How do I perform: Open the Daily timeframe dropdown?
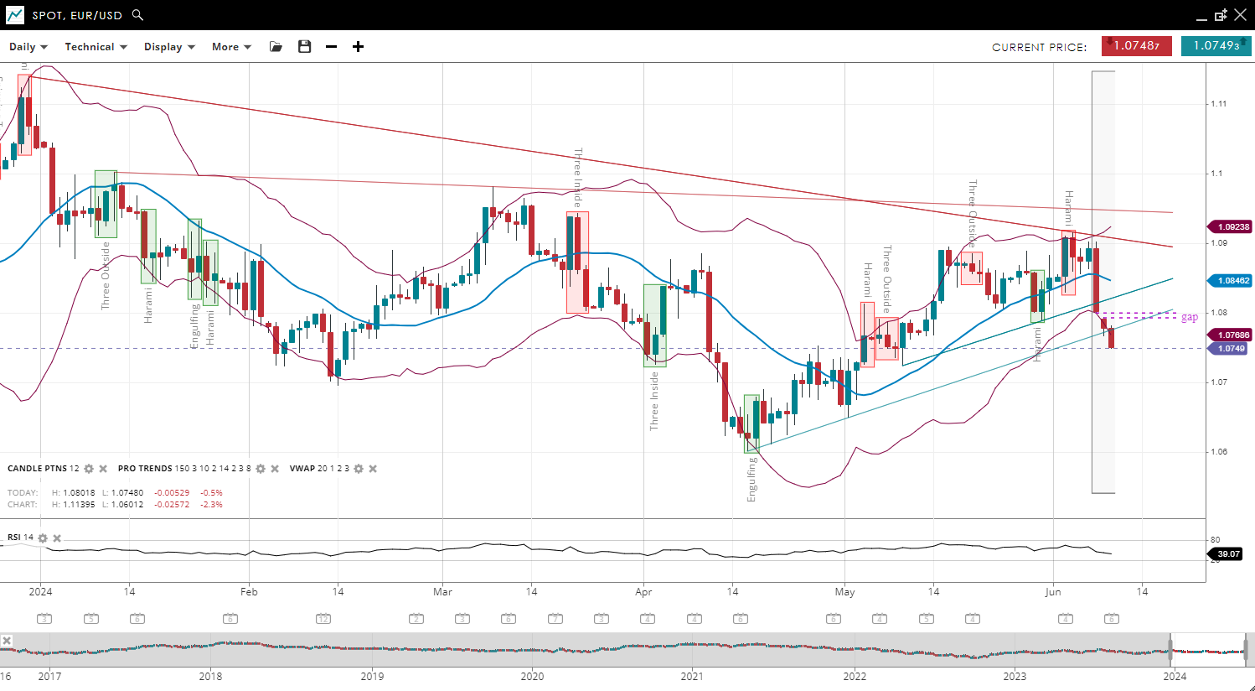click(x=28, y=47)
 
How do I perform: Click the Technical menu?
click(x=96, y=47)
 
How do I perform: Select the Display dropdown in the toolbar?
click(x=169, y=47)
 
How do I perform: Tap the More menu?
click(x=231, y=47)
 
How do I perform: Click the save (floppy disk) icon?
click(x=305, y=47)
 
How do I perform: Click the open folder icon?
click(x=276, y=47)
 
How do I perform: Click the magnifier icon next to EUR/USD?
click(x=138, y=15)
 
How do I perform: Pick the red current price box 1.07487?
click(x=1136, y=46)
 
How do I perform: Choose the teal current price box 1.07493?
click(x=1216, y=46)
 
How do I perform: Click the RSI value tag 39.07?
click(x=1228, y=554)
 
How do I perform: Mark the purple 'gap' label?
click(x=1190, y=317)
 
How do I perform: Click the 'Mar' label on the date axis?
click(x=442, y=592)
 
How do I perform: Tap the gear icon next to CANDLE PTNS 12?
click(x=89, y=469)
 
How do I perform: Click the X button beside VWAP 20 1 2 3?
click(x=373, y=469)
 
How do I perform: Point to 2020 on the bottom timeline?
click(x=532, y=677)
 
